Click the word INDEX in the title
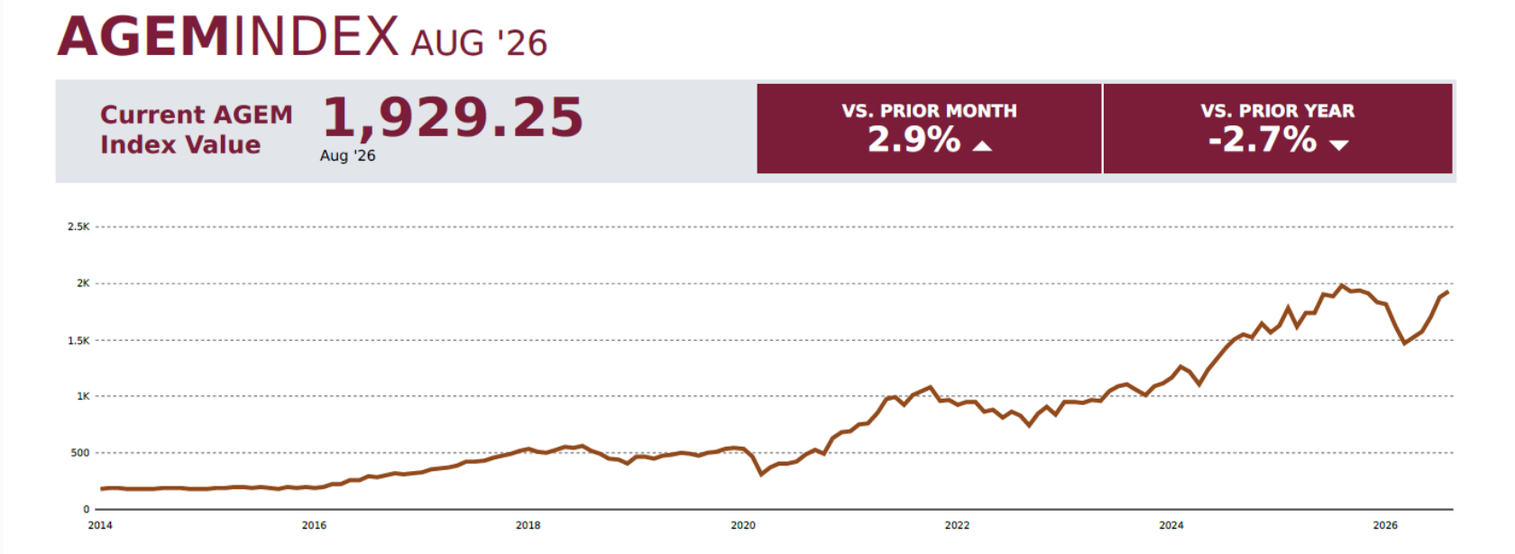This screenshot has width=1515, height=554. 316,36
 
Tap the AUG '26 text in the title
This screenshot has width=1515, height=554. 479,43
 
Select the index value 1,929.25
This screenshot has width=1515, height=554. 453,117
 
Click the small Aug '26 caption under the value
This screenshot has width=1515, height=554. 348,155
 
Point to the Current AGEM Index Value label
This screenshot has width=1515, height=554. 197,129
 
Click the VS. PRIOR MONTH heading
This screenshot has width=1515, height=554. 929,111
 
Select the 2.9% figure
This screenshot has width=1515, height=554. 914,140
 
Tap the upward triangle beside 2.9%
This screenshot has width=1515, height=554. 982,145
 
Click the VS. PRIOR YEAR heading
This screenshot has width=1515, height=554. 1278,111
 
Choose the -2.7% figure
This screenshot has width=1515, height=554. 1262,140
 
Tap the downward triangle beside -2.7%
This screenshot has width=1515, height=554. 1339,144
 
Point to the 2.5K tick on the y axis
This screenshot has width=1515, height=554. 78,226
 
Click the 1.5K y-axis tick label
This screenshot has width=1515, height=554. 78,340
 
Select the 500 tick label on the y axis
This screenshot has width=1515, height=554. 79,453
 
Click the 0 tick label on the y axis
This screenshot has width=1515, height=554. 86,510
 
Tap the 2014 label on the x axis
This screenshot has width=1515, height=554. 100,526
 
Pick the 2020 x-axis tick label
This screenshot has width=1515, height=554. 743,526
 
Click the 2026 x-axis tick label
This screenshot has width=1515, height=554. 1385,526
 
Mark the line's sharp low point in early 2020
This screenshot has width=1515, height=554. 761,475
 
